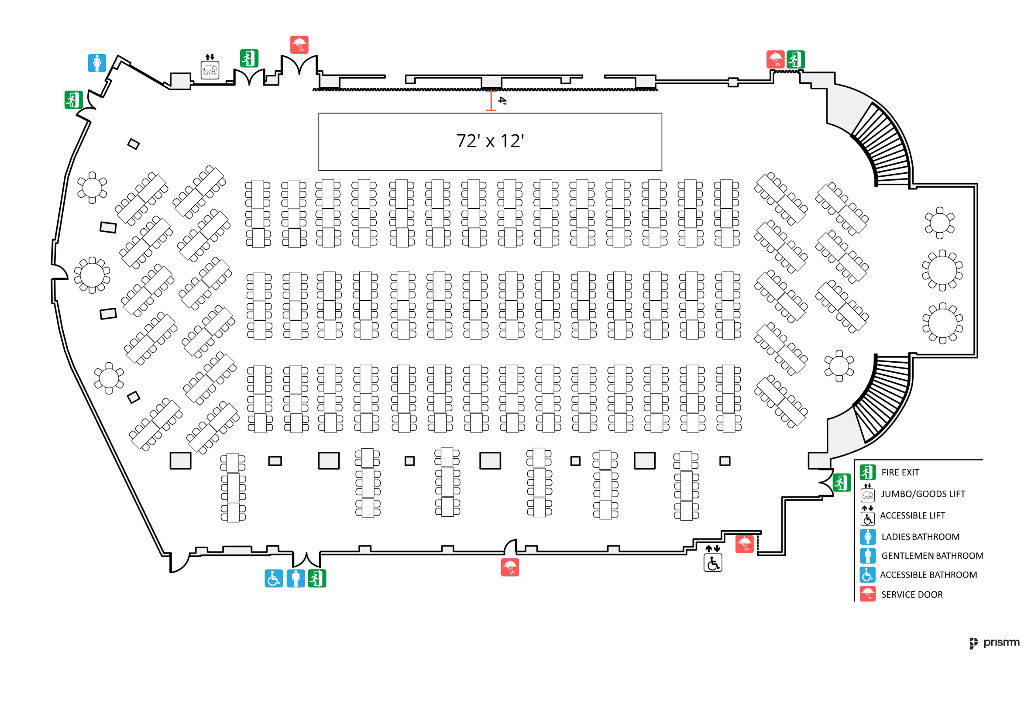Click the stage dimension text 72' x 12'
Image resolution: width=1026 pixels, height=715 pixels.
490,141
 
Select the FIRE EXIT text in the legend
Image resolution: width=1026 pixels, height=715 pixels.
900,472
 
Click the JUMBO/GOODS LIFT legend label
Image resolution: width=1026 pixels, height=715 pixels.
923,494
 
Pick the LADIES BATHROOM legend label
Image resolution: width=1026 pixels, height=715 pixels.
920,537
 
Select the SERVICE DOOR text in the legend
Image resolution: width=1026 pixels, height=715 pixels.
912,595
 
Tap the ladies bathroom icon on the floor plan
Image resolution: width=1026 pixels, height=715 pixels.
97,63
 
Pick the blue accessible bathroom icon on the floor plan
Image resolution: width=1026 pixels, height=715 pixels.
273,578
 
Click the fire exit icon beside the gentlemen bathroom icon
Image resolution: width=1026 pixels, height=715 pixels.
317,578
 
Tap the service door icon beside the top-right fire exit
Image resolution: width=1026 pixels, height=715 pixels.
775,59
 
